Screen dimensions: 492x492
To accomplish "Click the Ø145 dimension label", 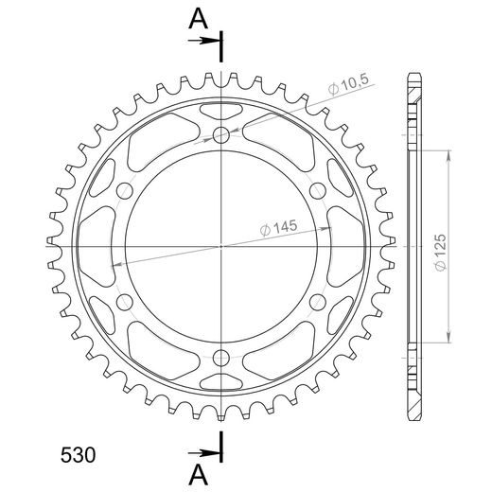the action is [279, 228].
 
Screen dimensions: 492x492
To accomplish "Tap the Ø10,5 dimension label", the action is [348, 84].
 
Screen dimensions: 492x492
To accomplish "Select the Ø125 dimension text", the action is [440, 253].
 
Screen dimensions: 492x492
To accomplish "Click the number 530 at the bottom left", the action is [78, 455].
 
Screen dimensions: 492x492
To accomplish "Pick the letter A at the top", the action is [198, 19].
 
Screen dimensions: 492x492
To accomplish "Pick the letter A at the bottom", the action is [198, 475].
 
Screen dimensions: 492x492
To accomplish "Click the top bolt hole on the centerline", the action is [221, 135].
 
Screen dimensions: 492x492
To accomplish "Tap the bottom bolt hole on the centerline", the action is [221, 358].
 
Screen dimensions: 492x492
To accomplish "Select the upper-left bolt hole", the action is [125, 191].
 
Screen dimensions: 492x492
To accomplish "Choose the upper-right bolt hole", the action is [318, 191].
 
